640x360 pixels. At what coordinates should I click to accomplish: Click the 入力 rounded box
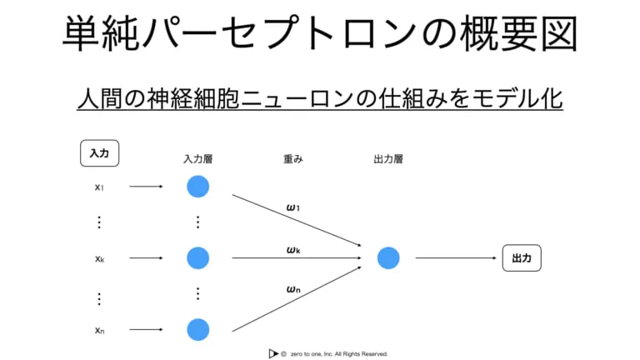tap(100, 153)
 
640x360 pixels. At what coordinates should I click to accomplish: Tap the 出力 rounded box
tap(522, 258)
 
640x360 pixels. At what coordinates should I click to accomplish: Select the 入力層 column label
tap(198, 159)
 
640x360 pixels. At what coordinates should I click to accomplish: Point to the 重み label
tap(293, 159)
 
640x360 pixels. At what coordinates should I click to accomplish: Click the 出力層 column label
tap(388, 159)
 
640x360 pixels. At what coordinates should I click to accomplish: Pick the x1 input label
tap(99, 187)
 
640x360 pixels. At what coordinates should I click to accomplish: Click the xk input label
tap(100, 259)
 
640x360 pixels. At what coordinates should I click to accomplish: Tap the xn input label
tap(100, 330)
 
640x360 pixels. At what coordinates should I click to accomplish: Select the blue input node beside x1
tap(198, 187)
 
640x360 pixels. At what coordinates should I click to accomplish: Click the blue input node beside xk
tap(198, 258)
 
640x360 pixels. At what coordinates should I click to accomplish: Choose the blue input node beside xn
tap(198, 329)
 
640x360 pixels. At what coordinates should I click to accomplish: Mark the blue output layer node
tap(388, 258)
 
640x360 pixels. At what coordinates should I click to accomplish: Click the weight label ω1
tap(293, 207)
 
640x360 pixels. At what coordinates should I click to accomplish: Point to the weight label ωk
tap(293, 250)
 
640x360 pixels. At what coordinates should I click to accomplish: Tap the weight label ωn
tap(293, 289)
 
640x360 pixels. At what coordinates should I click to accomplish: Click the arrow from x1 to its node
tap(146, 187)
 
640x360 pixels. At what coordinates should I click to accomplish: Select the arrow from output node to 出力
tap(456, 258)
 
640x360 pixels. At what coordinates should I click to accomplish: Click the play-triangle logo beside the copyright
tap(273, 353)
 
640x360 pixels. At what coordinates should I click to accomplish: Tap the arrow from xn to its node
tap(146, 329)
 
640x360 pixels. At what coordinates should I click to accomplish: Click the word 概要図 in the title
tap(518, 33)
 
